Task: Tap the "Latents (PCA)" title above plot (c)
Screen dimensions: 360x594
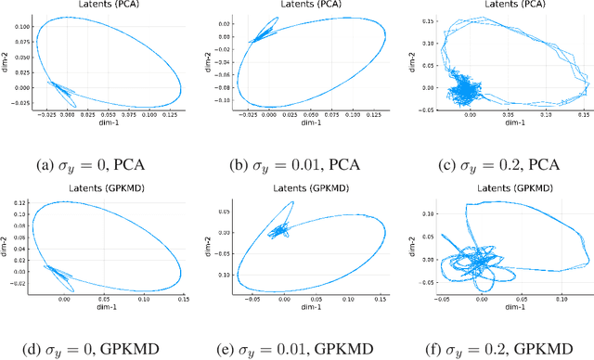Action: tap(494, 5)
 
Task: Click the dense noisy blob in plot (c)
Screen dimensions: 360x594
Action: tap(463, 92)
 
